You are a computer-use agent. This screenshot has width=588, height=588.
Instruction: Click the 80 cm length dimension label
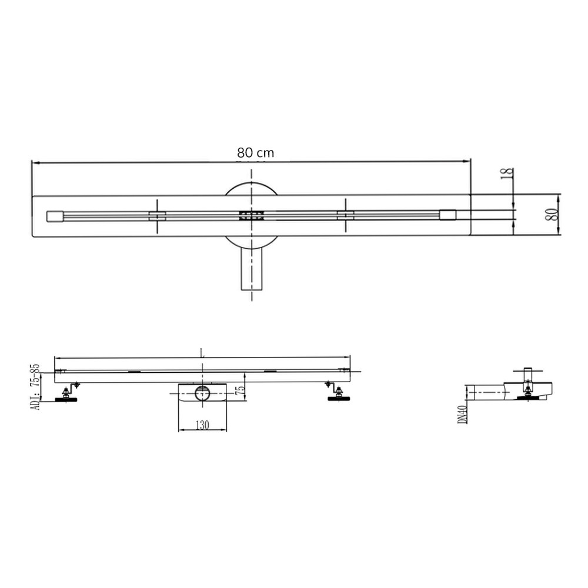[255, 153]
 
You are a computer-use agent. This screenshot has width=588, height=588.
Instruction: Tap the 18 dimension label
[507, 173]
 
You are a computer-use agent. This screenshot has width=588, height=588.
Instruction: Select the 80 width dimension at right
[553, 214]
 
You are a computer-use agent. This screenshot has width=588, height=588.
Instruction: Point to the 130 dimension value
[202, 425]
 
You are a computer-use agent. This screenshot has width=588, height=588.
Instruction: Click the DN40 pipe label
[463, 415]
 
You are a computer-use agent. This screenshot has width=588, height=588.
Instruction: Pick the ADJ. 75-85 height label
[35, 387]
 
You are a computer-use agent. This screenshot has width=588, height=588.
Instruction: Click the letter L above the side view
[202, 353]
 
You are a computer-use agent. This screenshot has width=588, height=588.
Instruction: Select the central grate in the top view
[252, 216]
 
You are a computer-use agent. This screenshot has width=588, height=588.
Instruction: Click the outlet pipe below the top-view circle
[252, 270]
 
